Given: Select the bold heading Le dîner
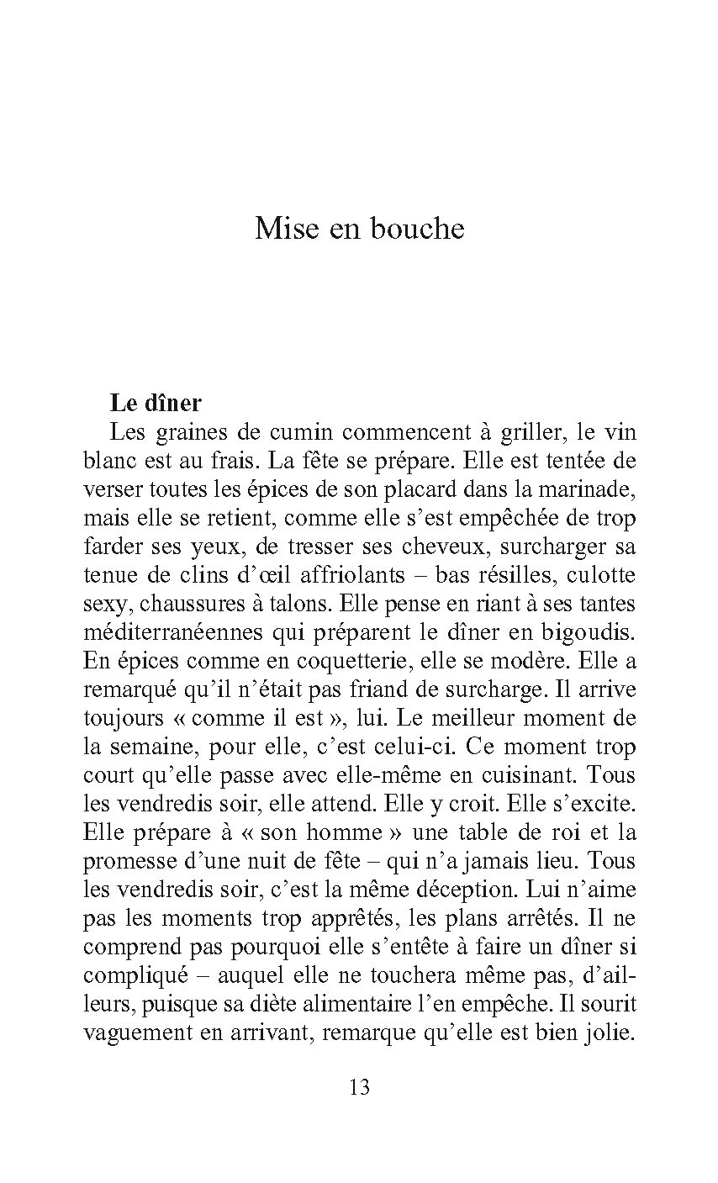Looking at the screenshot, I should click(x=156, y=403).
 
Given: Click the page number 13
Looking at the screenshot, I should click(x=359, y=1087).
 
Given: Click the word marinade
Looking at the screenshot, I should click(x=597, y=489).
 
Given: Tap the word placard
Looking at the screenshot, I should click(x=425, y=489).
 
